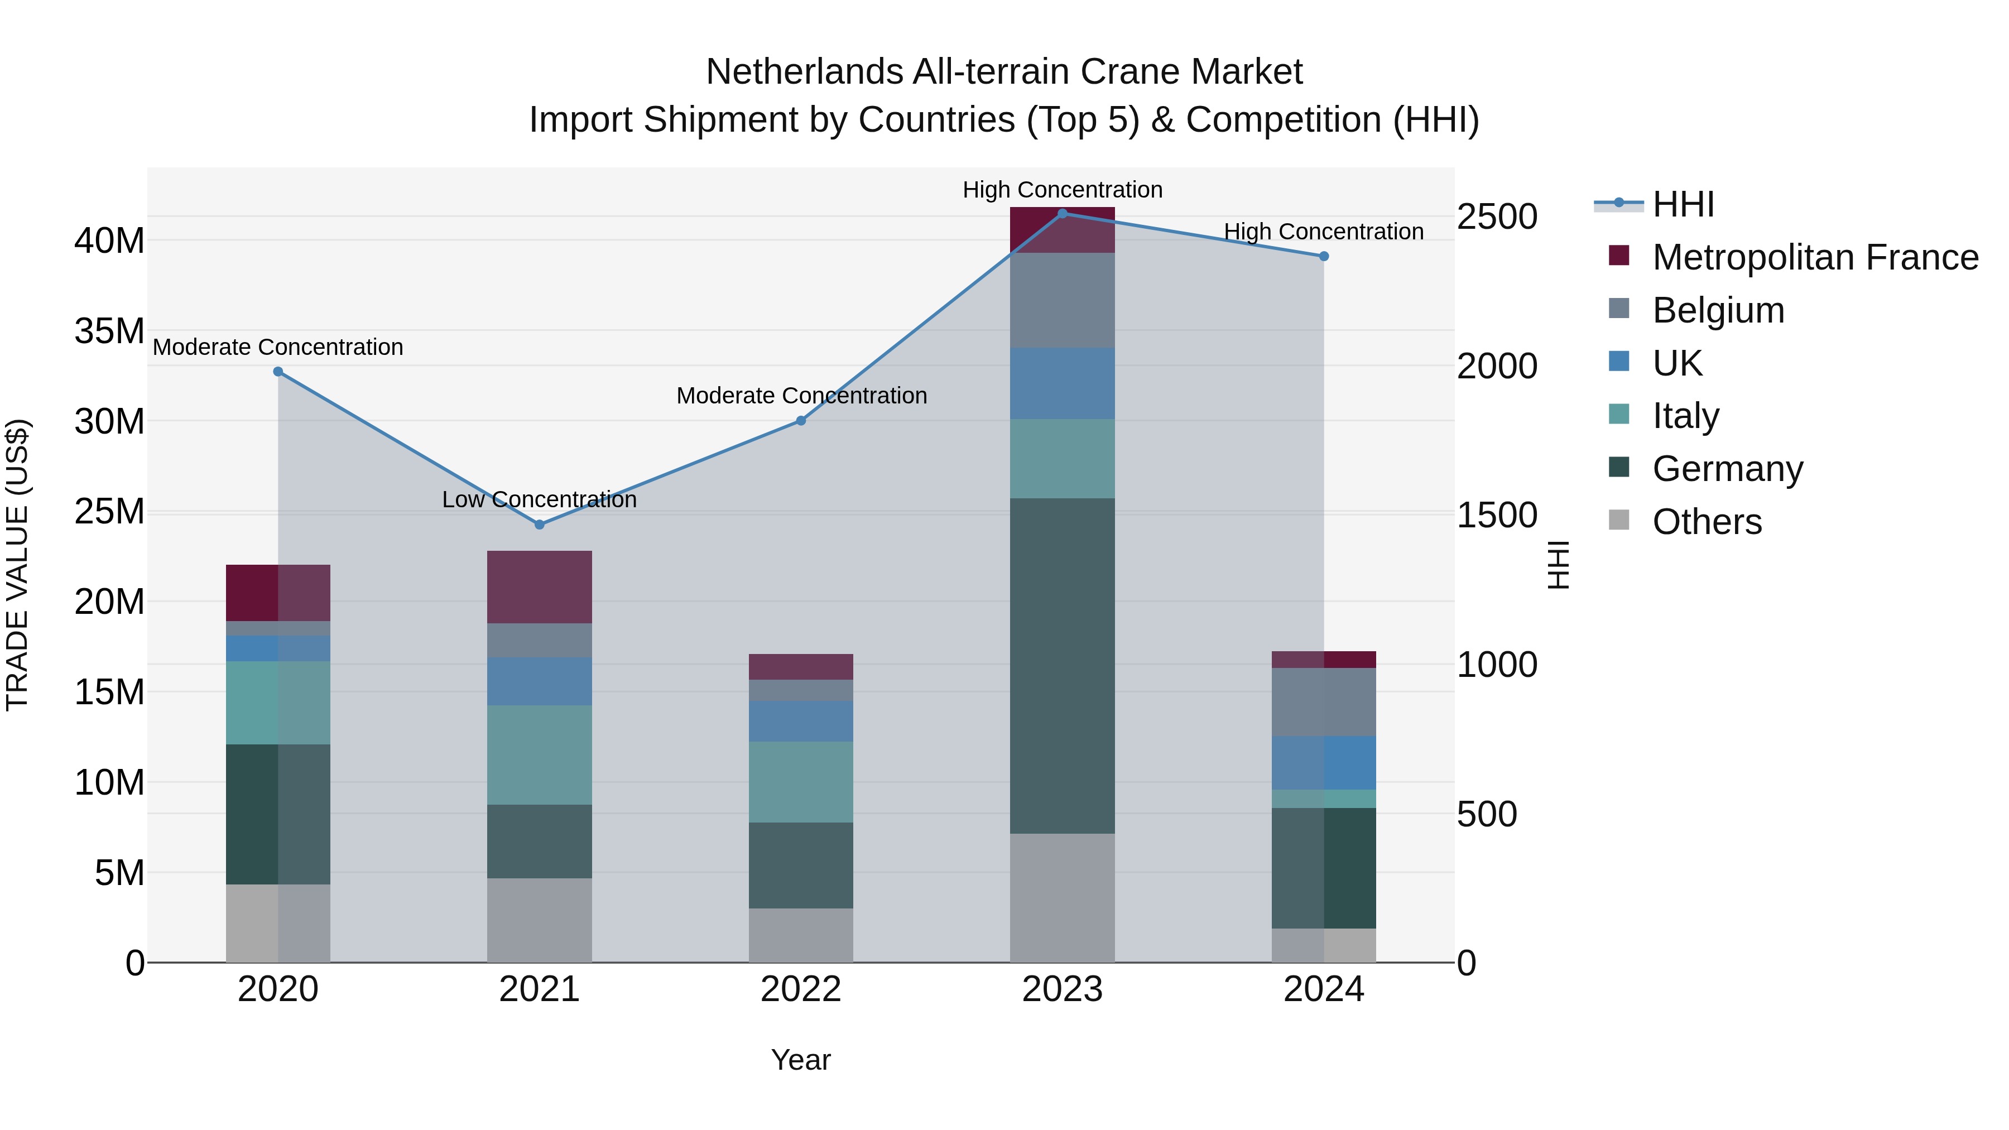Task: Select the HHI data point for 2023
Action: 1061,213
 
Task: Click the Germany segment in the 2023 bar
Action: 1061,665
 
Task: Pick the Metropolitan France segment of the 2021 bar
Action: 539,586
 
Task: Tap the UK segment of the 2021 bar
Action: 539,681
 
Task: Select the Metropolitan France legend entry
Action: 1814,257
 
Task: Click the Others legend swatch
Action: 1619,520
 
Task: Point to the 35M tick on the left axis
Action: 109,331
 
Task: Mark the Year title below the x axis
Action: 800,1060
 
